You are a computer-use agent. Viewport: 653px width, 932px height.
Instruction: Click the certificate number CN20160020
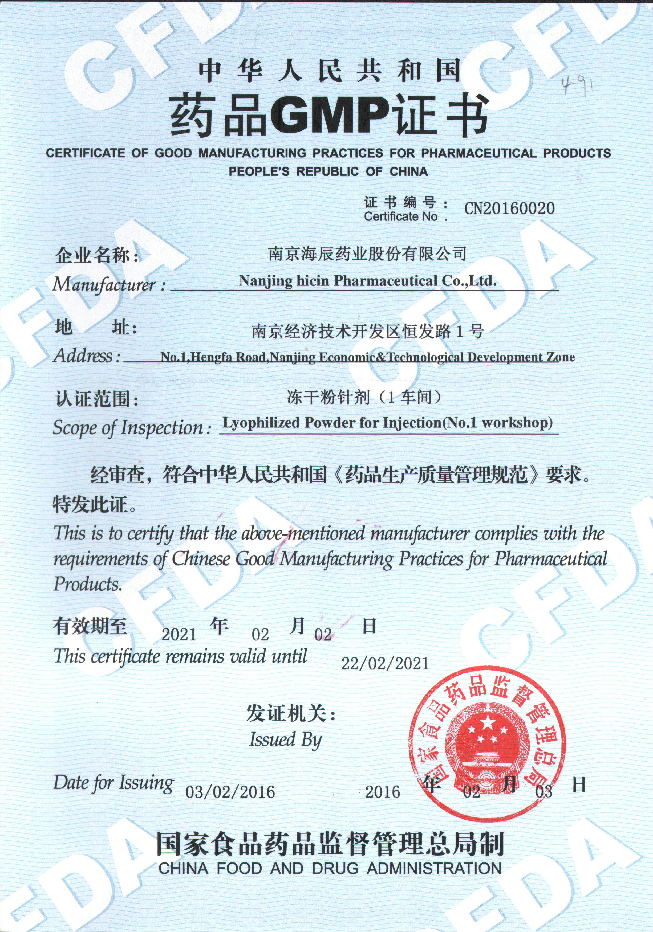pyautogui.click(x=509, y=208)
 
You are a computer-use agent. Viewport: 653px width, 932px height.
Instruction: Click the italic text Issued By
pyautogui.click(x=285, y=739)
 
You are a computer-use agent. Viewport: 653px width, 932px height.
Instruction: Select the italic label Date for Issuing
pyautogui.click(x=113, y=783)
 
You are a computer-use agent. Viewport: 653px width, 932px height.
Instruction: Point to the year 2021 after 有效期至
pyautogui.click(x=179, y=634)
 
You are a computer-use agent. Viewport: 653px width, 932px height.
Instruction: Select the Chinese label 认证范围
pyautogui.click(x=94, y=399)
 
